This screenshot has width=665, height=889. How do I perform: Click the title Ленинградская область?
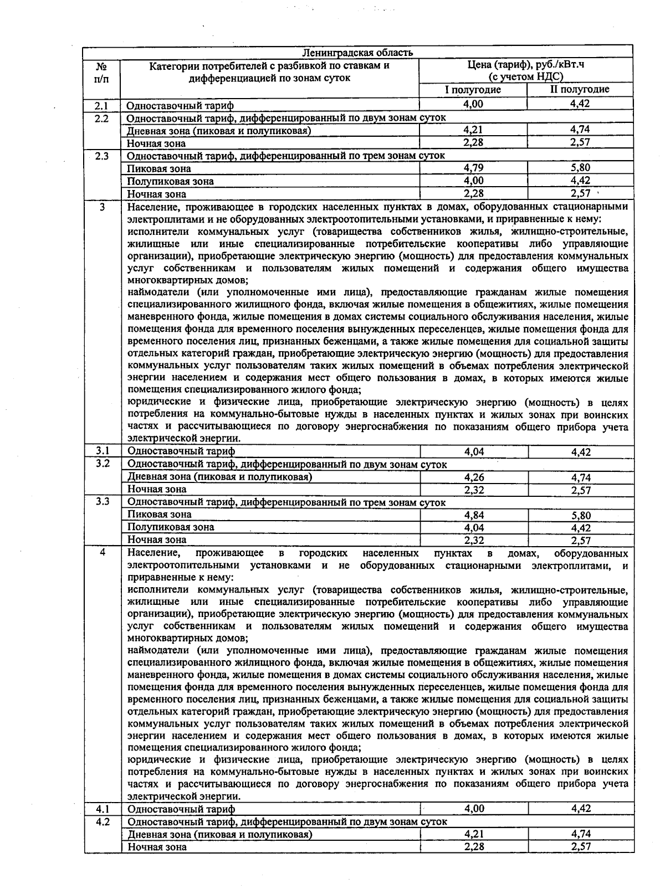pos(357,53)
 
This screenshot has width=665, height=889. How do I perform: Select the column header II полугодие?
pos(580,90)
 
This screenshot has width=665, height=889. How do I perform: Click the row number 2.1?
pos(101,105)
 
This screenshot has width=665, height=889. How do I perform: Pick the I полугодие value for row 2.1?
pos(473,104)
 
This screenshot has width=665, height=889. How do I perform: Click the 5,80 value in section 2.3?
pos(580,168)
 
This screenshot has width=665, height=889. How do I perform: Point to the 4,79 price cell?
pos(473,168)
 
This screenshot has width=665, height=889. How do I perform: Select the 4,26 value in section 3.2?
pos(474,477)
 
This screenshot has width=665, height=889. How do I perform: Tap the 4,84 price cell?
pos(474,515)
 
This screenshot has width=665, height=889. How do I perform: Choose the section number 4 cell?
pos(103,553)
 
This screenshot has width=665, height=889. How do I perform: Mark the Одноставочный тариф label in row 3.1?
pos(181,451)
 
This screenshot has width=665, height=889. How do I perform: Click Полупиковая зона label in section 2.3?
pos(171,181)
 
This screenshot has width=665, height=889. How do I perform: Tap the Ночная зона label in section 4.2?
pos(157,847)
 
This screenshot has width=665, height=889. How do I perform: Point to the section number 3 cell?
pos(101,207)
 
